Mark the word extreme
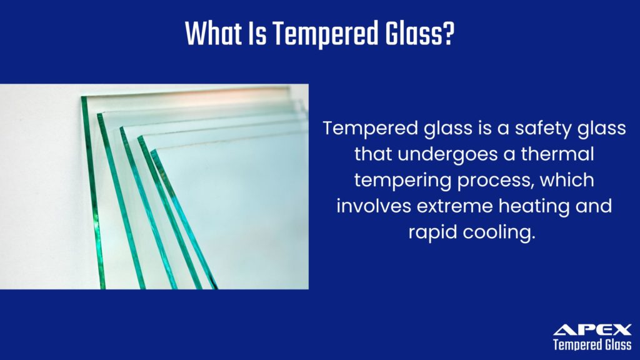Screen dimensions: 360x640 (x=455, y=206)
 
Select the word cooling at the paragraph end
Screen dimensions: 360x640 (x=501, y=232)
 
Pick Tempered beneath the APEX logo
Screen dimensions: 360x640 (x=575, y=345)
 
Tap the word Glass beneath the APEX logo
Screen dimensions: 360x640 (x=616, y=345)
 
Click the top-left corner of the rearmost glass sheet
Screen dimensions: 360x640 (x=83, y=97)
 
